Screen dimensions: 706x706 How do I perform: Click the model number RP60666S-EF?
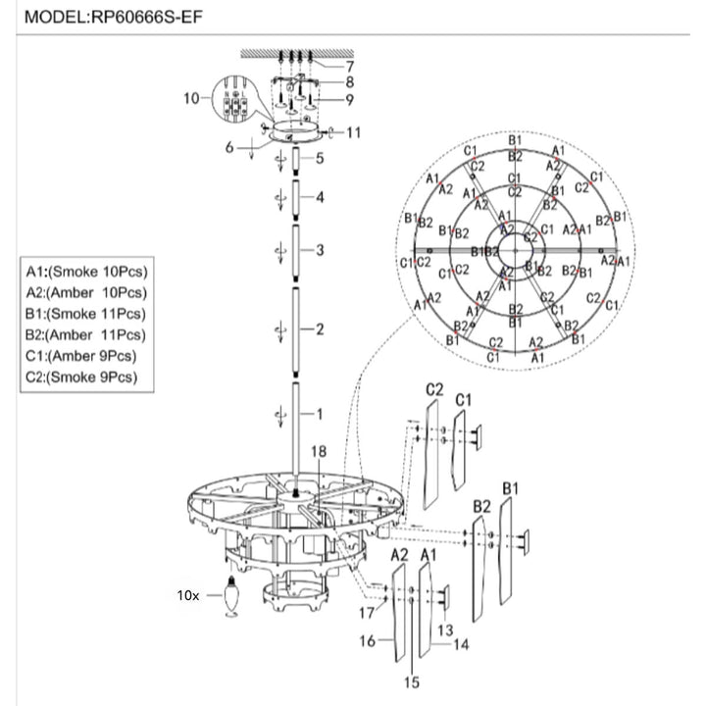pos(146,17)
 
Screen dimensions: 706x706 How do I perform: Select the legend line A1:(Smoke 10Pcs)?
pos(93,272)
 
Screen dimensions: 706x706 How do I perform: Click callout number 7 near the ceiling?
pos(349,66)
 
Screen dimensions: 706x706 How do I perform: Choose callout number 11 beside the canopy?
pos(354,131)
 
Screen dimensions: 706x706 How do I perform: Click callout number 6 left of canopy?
pos(228,147)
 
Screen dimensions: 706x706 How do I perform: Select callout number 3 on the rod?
pos(319,251)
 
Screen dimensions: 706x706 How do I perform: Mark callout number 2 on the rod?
pos(319,328)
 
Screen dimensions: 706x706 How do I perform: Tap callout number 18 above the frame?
pos(317,451)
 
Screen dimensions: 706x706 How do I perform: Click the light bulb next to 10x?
pos(231,595)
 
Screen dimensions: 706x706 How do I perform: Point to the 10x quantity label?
pos(187,595)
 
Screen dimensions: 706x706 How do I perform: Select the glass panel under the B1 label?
pos(506,554)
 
